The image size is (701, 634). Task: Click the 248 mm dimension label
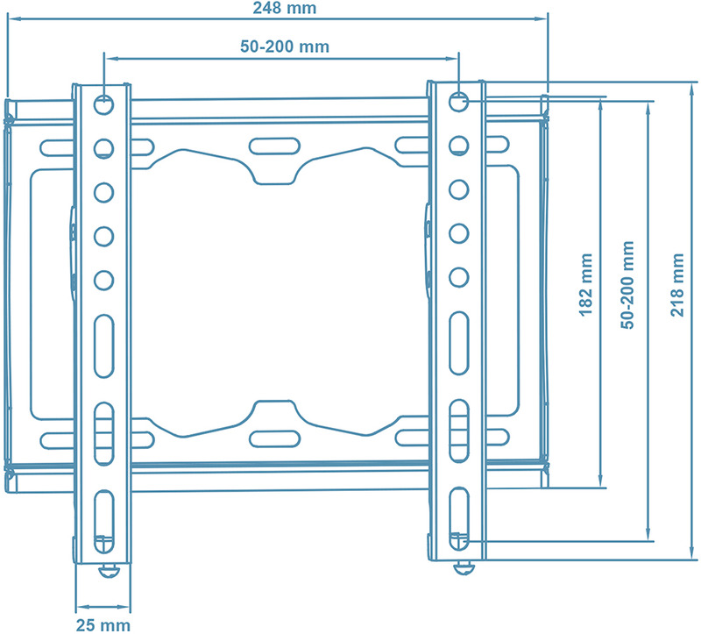point(284,8)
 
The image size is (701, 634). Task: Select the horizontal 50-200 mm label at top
point(285,46)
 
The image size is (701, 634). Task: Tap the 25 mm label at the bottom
point(103,625)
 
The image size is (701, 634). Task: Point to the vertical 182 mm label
point(585,285)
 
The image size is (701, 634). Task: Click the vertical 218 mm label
point(677,285)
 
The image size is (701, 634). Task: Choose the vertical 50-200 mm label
point(627,285)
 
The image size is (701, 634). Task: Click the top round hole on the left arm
point(103,104)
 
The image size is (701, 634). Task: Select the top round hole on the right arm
point(458,102)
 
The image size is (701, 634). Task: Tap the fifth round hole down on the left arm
point(103,280)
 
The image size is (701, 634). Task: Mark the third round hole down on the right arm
point(458,189)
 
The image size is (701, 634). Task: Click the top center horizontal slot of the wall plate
point(274,146)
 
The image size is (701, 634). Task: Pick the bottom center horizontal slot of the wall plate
point(274,439)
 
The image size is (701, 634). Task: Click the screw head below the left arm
point(109,570)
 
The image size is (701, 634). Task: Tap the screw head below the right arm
point(464,568)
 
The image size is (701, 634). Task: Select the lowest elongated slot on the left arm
point(104,521)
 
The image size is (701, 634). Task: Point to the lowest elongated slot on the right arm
point(458,518)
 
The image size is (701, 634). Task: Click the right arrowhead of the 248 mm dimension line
point(542,18)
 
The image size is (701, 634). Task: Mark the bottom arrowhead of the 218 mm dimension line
point(692,553)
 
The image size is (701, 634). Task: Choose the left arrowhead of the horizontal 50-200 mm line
point(110,58)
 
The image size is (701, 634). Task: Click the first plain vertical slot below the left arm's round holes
point(104,345)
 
